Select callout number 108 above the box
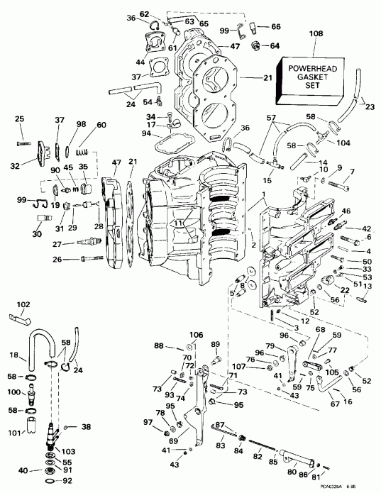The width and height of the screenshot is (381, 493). point(316,33)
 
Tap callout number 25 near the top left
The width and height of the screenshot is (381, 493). point(20,118)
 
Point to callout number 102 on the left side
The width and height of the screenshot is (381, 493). point(23,305)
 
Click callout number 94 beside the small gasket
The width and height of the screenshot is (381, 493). point(145,133)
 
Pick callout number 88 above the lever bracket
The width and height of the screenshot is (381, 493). point(158,347)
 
